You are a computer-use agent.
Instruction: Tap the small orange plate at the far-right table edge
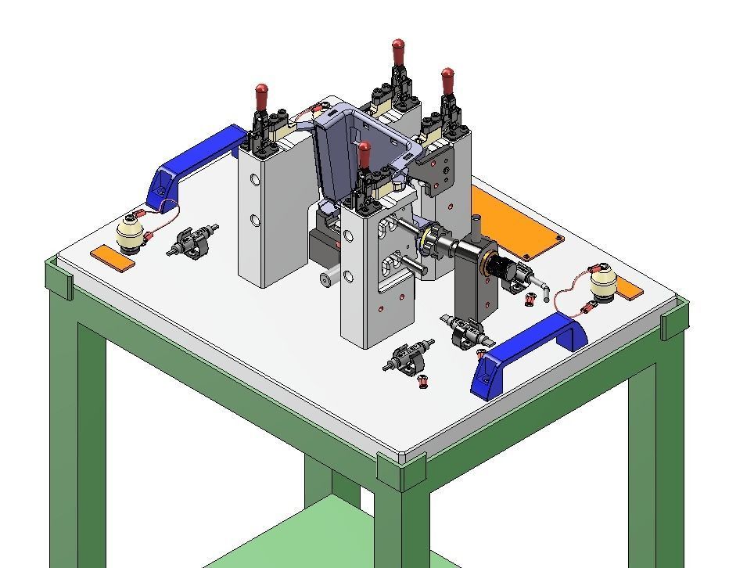(627, 291)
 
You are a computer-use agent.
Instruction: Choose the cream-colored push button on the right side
(603, 284)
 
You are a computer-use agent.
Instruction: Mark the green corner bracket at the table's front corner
(401, 469)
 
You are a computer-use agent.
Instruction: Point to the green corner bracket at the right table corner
(674, 319)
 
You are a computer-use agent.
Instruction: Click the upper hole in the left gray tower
(255, 180)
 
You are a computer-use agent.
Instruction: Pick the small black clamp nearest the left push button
(192, 241)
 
